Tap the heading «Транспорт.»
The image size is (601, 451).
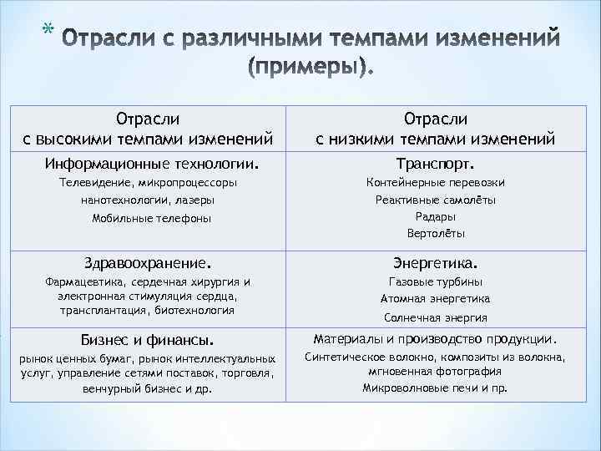coord(436,161)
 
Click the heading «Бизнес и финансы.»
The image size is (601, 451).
coord(147,339)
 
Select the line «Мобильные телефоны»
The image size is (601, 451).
coord(152,218)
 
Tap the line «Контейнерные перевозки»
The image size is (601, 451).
coord(436,182)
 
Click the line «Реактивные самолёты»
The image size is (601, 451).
coord(436,200)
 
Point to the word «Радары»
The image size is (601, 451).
coord(436,216)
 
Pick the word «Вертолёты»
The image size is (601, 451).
coord(436,233)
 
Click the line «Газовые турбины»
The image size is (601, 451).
coord(436,281)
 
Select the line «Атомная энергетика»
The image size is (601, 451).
coord(436,298)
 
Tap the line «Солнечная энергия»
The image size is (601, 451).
coord(436,317)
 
